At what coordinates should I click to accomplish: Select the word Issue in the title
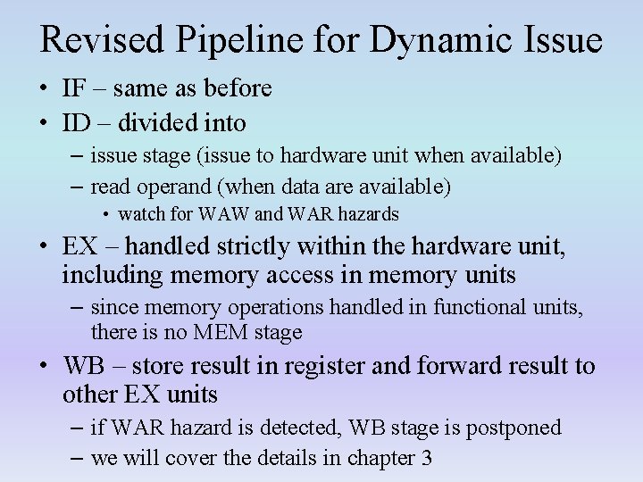[x=555, y=39]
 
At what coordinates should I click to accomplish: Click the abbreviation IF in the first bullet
[x=72, y=89]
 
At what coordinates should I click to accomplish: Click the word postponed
[x=517, y=428]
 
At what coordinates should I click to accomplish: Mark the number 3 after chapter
[x=426, y=459]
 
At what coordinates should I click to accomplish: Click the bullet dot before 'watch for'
[x=106, y=215]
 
